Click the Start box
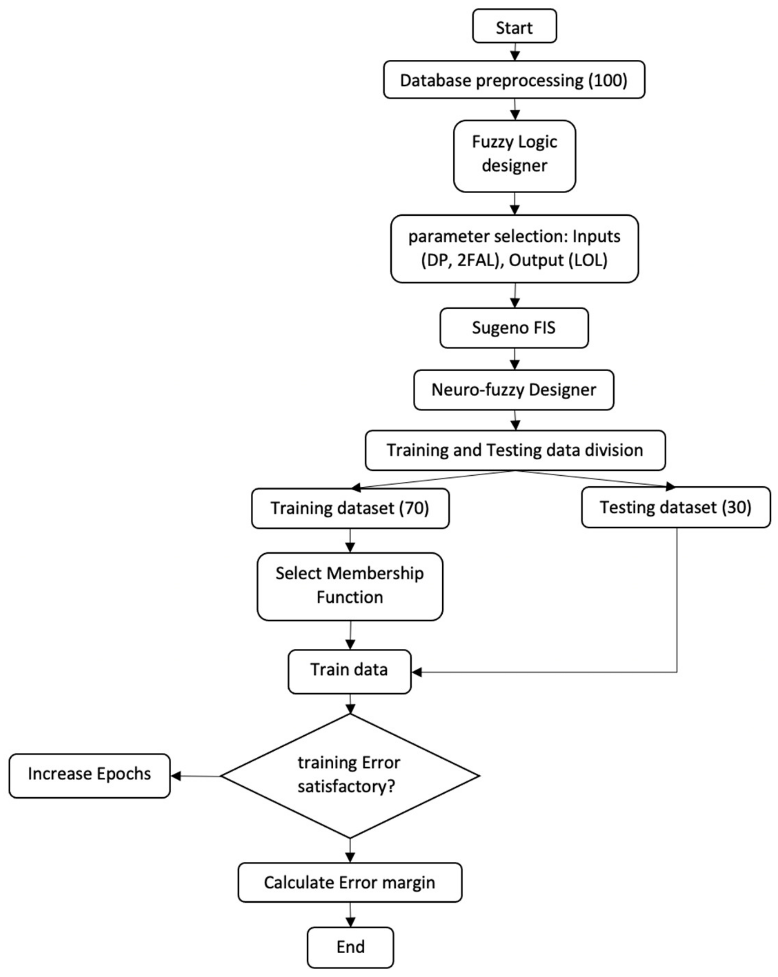point(514,27)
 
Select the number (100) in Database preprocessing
point(607,81)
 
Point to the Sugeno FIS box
point(514,328)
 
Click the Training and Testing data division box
point(515,450)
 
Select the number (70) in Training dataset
point(414,508)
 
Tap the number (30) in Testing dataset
point(736,507)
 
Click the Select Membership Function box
point(350,585)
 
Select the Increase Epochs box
point(89,774)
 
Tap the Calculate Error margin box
point(350,882)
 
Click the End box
point(350,946)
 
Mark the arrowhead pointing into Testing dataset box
point(670,487)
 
